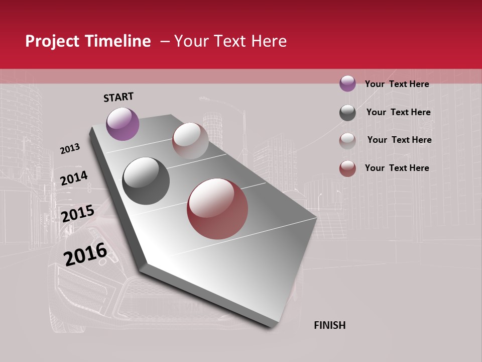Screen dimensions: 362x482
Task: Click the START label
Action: pos(118,97)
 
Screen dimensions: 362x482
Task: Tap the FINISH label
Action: pos(329,325)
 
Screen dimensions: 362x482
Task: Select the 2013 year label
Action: pos(70,149)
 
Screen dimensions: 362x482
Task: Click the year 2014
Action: pos(74,178)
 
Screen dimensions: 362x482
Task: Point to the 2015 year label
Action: pos(78,214)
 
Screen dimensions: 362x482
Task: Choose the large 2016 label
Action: pos(85,254)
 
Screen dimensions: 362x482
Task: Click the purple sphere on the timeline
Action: pos(123,124)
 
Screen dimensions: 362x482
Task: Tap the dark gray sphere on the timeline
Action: pos(146,181)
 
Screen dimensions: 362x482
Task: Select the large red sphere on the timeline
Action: pos(217,209)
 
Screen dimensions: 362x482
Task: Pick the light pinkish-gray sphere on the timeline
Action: pos(190,141)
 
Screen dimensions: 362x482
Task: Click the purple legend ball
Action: pos(347,83)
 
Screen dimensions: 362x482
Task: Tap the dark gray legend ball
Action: pos(347,113)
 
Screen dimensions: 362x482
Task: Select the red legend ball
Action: pos(347,168)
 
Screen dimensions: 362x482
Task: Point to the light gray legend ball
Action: pos(347,141)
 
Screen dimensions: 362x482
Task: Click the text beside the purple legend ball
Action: pos(397,84)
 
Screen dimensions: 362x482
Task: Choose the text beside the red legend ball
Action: pos(397,168)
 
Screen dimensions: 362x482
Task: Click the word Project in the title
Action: pos(52,41)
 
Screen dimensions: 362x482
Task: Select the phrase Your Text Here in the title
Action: pos(230,41)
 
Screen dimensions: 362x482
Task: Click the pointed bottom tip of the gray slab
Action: pos(273,327)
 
